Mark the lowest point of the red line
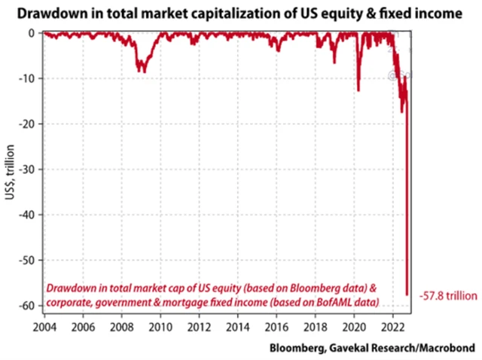(407, 294)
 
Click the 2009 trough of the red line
(141, 72)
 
